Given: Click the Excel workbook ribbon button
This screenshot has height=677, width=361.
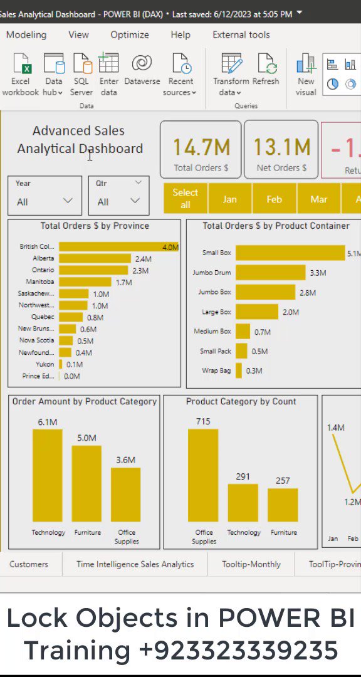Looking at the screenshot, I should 20,75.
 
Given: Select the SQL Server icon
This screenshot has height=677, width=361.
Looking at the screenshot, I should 81,75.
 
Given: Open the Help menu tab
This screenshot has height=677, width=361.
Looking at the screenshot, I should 180,35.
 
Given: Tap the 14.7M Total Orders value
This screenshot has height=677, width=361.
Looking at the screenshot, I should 201,147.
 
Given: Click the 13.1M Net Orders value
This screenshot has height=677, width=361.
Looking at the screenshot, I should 281,147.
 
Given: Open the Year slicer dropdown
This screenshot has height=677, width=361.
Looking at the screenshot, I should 67,201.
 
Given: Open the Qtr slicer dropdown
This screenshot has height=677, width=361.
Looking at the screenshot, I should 135,201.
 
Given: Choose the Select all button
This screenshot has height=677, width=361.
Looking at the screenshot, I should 185,199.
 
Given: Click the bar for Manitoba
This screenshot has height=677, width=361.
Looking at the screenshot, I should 85,282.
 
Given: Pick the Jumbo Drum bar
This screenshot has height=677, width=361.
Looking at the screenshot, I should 270,273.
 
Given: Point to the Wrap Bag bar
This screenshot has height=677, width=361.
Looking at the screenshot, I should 239,370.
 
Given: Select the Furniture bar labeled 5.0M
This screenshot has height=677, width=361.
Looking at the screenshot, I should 86,484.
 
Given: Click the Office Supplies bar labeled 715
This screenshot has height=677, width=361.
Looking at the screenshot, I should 203,475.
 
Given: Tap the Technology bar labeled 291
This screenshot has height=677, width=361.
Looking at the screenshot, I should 243,503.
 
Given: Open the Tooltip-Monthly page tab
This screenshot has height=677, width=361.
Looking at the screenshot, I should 251,564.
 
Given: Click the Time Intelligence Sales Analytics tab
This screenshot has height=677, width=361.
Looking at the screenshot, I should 135,564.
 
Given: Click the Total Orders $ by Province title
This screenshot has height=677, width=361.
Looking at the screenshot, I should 95,226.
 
